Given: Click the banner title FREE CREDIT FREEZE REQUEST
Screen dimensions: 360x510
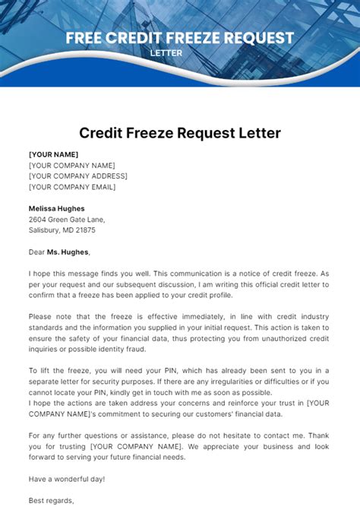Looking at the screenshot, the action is pyautogui.click(x=179, y=38).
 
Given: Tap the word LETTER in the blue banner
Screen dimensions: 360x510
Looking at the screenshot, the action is pyautogui.click(x=166, y=53).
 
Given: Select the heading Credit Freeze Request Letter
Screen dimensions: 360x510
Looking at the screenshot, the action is pyautogui.click(x=180, y=134).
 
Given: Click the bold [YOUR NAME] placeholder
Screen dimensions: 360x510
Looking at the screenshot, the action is pyautogui.click(x=53, y=154).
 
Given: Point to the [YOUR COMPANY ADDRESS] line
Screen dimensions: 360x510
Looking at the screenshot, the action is pyautogui.click(x=78, y=176).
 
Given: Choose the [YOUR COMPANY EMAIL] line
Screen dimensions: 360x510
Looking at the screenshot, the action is pyautogui.click(x=72, y=186).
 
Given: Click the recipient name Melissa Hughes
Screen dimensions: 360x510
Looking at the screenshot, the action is pyautogui.click(x=57, y=208).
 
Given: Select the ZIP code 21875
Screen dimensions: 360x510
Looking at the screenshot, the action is pyautogui.click(x=85, y=230).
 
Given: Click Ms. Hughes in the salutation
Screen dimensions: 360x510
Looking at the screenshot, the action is pyautogui.click(x=68, y=252).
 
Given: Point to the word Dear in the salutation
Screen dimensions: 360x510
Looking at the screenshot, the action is pyautogui.click(x=37, y=252).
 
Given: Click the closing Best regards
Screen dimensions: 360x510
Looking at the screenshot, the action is pyautogui.click(x=52, y=500).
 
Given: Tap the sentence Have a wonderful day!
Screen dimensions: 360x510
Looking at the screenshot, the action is pyautogui.click(x=67, y=479).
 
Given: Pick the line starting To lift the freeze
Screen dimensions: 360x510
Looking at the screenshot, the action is pyautogui.click(x=179, y=371).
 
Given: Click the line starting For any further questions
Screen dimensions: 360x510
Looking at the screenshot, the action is pyautogui.click(x=179, y=436).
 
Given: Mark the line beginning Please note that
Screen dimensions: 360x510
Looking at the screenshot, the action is pyautogui.click(x=179, y=317).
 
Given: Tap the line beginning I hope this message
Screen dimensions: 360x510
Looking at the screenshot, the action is pyautogui.click(x=179, y=274).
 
